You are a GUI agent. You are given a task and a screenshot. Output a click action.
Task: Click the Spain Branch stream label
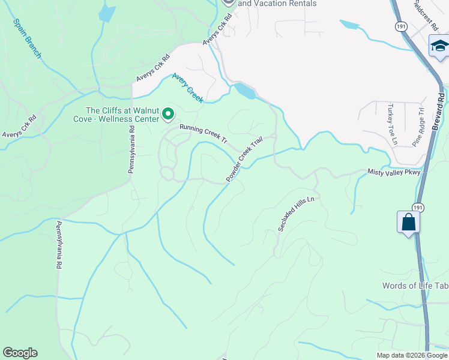point(27,37)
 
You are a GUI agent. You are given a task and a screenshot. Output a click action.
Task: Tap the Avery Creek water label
point(188,88)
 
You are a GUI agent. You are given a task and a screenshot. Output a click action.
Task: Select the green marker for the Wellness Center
point(169,113)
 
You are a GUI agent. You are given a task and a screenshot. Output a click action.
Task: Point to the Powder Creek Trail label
point(244,160)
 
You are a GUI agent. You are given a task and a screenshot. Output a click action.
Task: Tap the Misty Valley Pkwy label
point(395,172)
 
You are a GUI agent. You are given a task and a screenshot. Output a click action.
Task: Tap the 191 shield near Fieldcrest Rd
point(400,26)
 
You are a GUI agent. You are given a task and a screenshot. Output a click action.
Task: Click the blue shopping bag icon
point(408,222)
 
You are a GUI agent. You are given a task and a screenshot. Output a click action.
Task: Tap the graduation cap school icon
point(439,47)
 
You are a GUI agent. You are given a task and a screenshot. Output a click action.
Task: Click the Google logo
point(20,353)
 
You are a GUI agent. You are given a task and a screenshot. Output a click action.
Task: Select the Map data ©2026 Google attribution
point(412,355)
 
